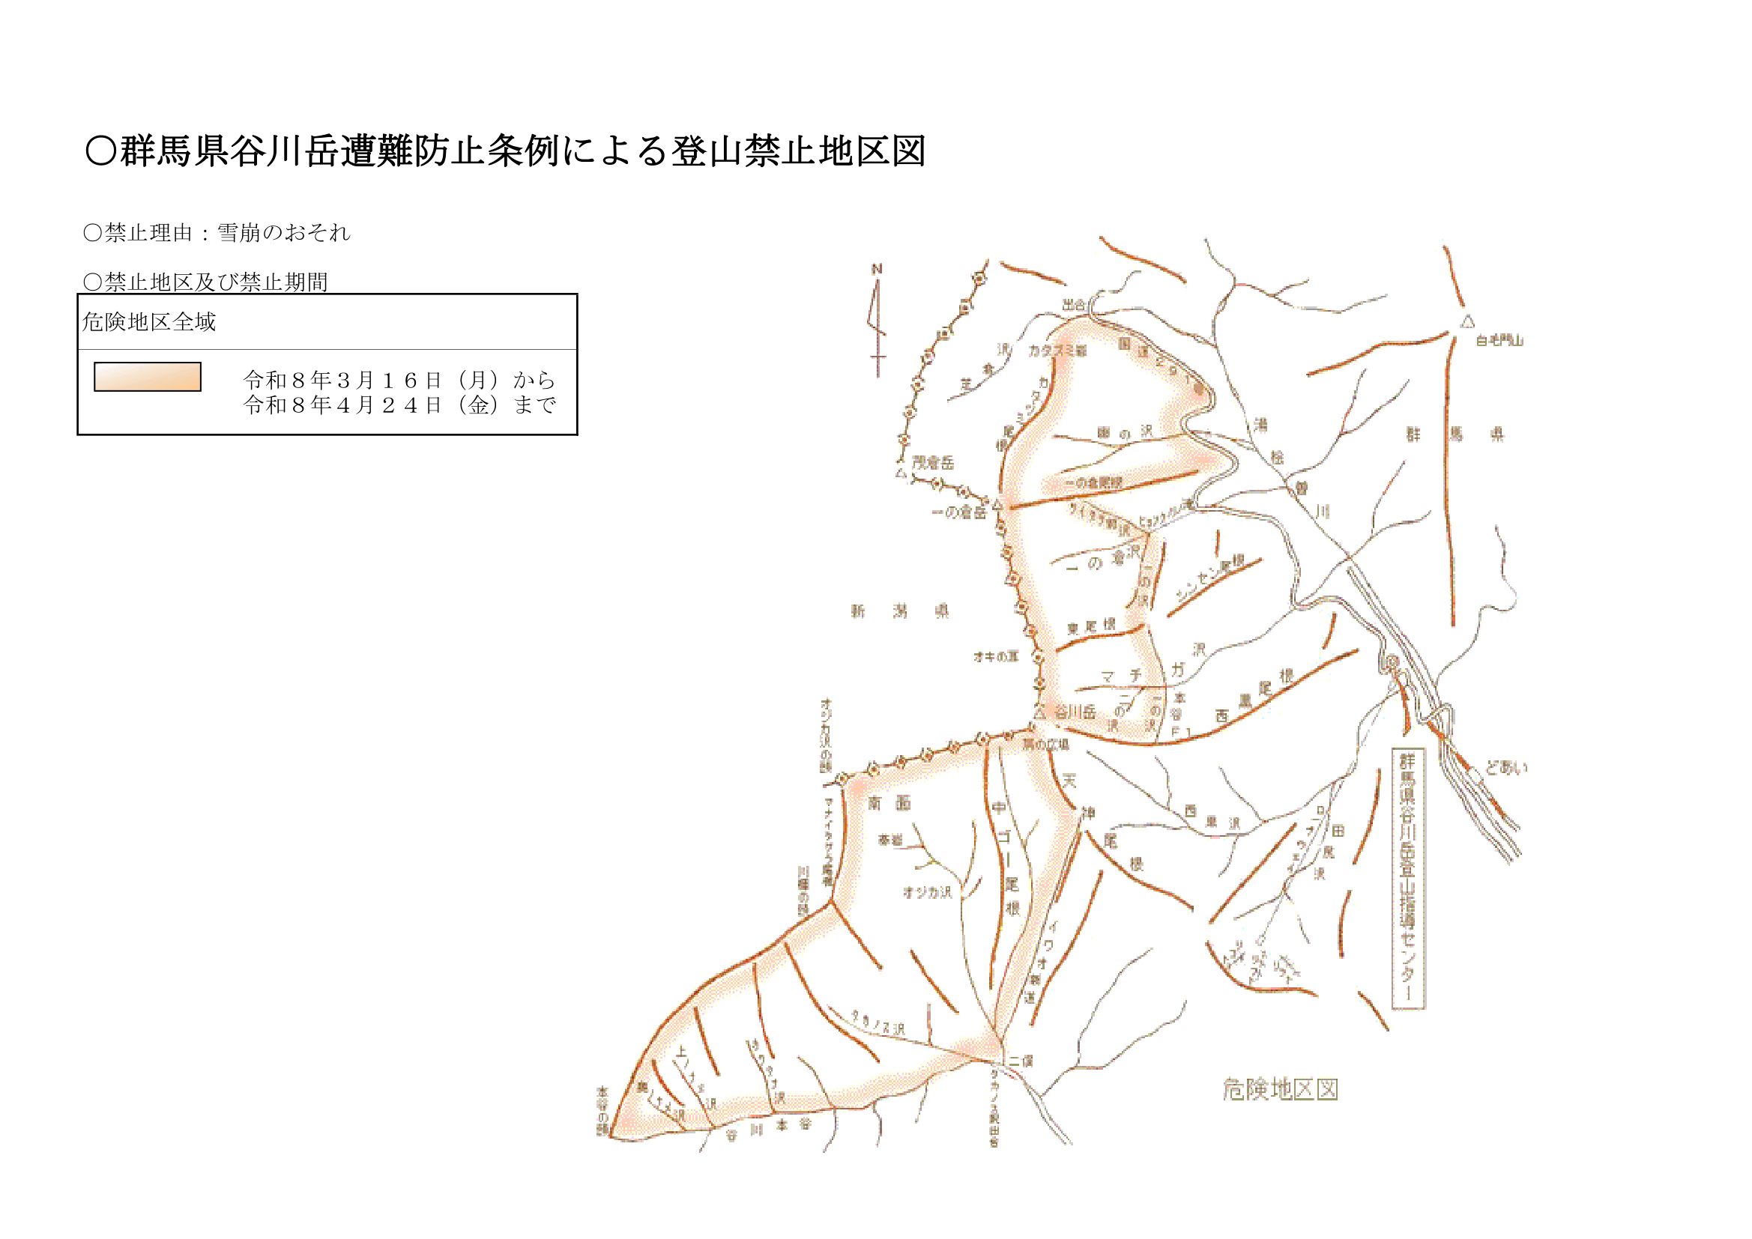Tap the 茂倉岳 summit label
tap(932, 462)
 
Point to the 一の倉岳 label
tap(958, 512)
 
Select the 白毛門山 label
tap(1499, 341)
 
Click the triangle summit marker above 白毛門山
tap(1467, 322)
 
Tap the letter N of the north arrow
tap(877, 269)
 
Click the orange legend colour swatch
tap(148, 377)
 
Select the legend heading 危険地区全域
tap(149, 322)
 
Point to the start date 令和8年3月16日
tap(342, 379)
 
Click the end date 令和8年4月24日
tap(342, 405)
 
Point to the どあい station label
tap(1506, 768)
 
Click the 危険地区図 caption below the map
tap(1280, 1089)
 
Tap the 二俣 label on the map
tap(1020, 1061)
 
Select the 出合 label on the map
tap(1074, 304)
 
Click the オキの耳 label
tap(995, 656)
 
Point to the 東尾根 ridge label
tap(1090, 627)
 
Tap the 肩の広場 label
tap(1045, 745)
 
